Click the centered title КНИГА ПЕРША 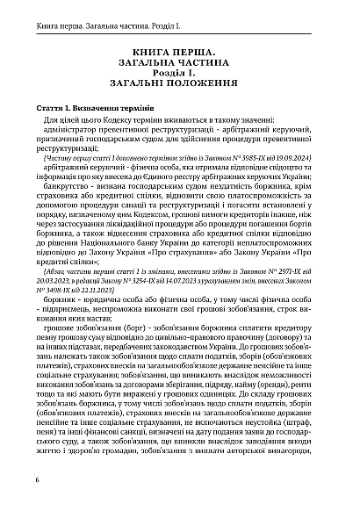pyautogui.click(x=181, y=53)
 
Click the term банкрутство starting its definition pyautogui.click(x=72, y=184)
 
